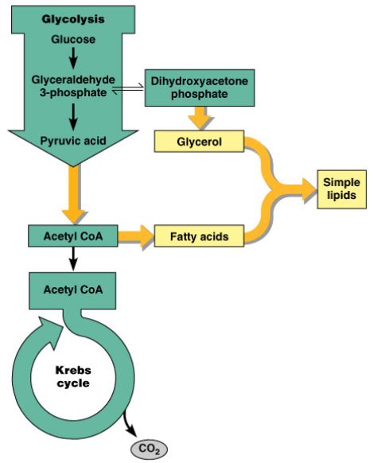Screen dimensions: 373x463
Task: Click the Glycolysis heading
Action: tap(73, 19)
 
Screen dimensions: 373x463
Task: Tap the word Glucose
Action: tap(73, 39)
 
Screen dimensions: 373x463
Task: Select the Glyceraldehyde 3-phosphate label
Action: tap(73, 86)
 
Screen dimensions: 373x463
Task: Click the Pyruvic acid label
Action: tap(73, 141)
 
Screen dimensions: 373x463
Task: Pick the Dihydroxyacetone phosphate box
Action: tap(200, 88)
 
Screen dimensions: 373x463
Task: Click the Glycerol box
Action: tap(199, 142)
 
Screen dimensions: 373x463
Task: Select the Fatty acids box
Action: tap(199, 236)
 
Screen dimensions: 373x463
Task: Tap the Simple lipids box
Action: tap(341, 189)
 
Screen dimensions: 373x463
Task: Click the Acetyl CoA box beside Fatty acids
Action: tap(73, 236)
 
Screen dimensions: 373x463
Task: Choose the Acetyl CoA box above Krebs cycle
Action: tap(72, 290)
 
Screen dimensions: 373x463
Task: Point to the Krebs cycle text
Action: tap(73, 376)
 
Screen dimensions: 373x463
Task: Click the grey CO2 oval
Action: tap(149, 449)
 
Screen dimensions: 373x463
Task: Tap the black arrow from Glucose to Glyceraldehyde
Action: tap(73, 57)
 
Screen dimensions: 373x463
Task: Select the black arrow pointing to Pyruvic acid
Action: tap(73, 117)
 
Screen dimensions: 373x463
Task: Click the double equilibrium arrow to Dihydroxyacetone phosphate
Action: tap(128, 89)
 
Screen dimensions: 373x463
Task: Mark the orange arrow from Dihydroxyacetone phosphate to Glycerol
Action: tap(200, 118)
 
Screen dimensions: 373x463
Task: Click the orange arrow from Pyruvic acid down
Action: tap(73, 194)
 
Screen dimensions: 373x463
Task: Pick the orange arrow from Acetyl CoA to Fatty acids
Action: tap(136, 236)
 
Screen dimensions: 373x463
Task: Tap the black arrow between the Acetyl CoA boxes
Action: tap(73, 259)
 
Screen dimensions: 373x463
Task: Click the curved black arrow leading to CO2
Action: tap(129, 423)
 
